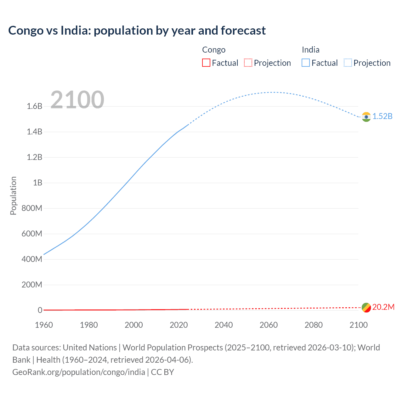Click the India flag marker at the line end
tap(366, 117)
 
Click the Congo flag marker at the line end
tap(366, 307)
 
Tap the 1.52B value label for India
tap(383, 116)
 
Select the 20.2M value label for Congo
tap(383, 307)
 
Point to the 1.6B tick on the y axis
tap(35, 106)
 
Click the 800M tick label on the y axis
tap(32, 208)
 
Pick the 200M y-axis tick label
tap(32, 285)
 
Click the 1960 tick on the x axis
tap(44, 325)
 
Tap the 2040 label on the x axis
tap(224, 325)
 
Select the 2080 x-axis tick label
tap(314, 325)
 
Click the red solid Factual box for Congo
tap(206, 63)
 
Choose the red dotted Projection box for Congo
tap(248, 63)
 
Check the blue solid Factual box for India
tap(306, 63)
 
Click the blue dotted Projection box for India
tap(348, 63)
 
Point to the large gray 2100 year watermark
tap(77, 100)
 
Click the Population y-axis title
tap(13, 196)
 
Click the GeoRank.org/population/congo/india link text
tap(79, 372)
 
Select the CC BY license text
tap(162, 372)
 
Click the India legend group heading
tap(310, 50)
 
